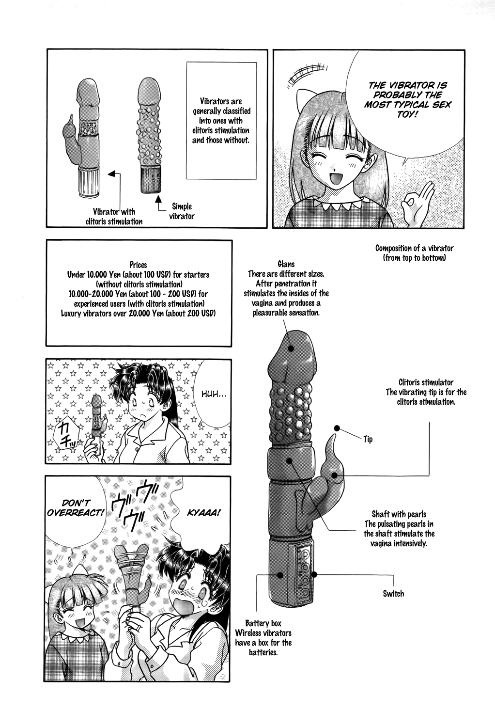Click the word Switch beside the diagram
pyautogui.click(x=393, y=594)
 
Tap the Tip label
pyautogui.click(x=368, y=440)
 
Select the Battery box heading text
pyautogui.click(x=263, y=623)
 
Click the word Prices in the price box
pyautogui.click(x=138, y=265)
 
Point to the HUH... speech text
pyautogui.click(x=214, y=394)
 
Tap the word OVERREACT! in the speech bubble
pyautogui.click(x=75, y=513)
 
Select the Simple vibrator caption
pyautogui.click(x=182, y=211)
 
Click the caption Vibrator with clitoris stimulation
pyautogui.click(x=114, y=217)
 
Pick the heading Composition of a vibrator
pyautogui.click(x=414, y=248)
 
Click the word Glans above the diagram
pyautogui.click(x=286, y=264)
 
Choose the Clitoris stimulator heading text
pyautogui.click(x=426, y=382)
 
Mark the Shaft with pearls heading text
pyautogui.click(x=399, y=514)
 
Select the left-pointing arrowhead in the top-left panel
pyautogui.click(x=111, y=174)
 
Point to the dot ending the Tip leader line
pyautogui.click(x=337, y=429)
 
